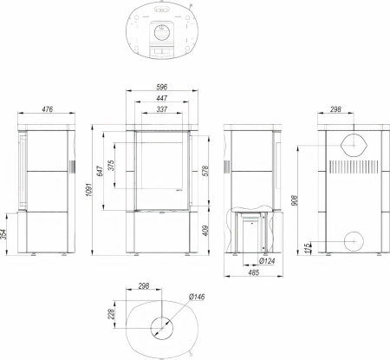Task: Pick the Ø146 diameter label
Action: click(x=198, y=298)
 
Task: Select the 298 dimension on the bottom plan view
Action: click(x=145, y=285)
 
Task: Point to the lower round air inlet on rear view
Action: click(x=355, y=240)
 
